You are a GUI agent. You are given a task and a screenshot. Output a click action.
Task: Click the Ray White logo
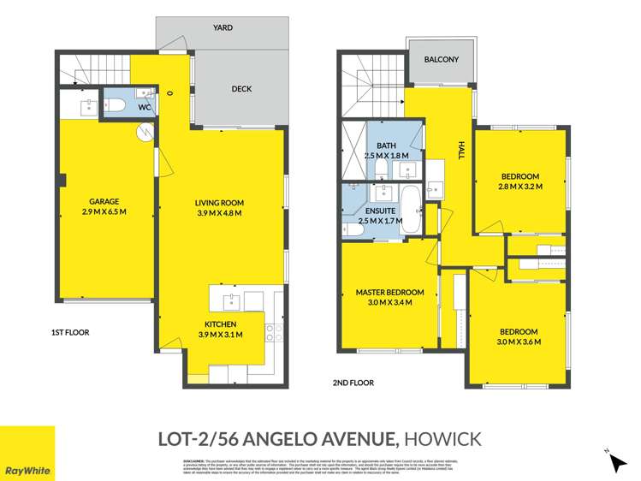(x=27, y=453)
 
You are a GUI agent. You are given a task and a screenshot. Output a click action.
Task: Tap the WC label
(x=145, y=108)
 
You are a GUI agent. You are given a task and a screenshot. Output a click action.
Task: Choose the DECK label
(x=240, y=88)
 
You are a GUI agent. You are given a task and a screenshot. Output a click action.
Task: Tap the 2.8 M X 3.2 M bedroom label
(x=520, y=187)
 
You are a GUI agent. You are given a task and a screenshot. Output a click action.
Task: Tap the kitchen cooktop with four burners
(x=275, y=333)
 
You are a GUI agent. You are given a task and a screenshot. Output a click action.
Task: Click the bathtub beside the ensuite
(x=411, y=210)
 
